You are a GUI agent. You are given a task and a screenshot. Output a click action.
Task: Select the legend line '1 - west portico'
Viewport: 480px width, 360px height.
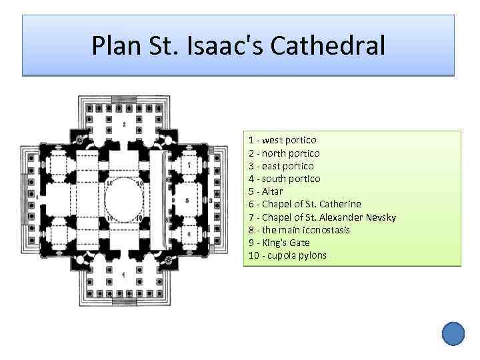[x=283, y=141]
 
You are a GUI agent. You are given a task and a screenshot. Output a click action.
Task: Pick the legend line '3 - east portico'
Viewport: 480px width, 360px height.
[x=281, y=166]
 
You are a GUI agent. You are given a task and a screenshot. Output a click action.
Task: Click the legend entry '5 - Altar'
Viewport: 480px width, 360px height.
[x=265, y=191]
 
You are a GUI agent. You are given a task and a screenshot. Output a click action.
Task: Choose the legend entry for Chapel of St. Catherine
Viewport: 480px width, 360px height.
[x=305, y=204]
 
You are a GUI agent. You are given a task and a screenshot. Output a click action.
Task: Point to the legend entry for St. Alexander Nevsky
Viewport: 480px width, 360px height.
[x=322, y=217]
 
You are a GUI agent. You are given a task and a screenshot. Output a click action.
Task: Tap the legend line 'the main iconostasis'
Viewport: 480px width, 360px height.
[x=299, y=230]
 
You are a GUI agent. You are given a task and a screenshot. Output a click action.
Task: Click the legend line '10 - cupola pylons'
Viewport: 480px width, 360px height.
[x=288, y=255]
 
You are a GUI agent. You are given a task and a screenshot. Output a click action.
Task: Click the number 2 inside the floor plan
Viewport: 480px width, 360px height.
[x=124, y=124]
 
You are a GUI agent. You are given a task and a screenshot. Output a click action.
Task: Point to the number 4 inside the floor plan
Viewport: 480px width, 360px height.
[x=123, y=274]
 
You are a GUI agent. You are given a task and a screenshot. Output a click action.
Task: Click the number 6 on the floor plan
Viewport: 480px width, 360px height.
[x=189, y=233]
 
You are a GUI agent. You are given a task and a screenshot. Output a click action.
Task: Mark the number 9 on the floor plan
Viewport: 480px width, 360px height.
[x=173, y=199]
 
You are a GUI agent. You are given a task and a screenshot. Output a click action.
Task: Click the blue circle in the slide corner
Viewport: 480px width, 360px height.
[x=453, y=333]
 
